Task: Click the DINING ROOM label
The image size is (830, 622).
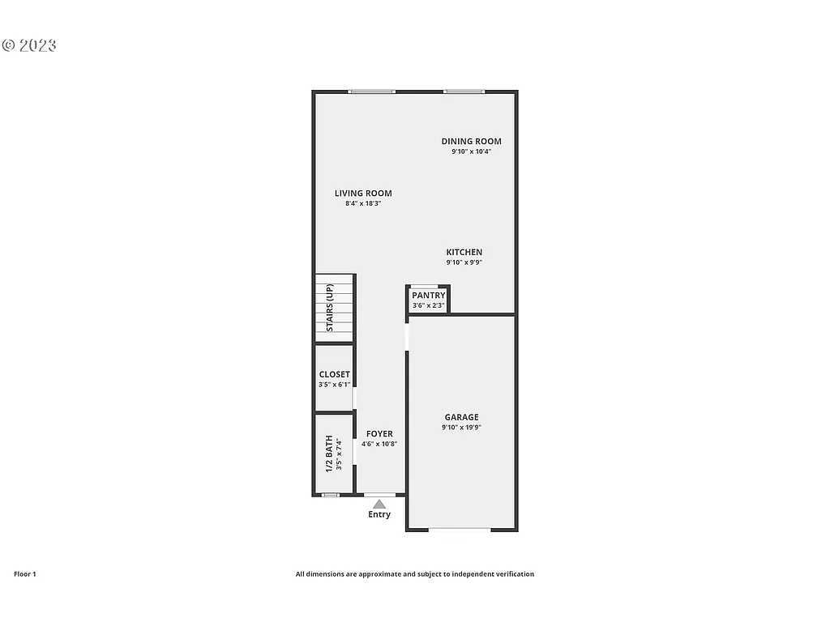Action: coord(471,142)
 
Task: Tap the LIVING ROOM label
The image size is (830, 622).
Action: coord(363,194)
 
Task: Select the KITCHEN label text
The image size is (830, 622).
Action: coord(464,253)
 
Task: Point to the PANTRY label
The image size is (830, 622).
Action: coord(428,296)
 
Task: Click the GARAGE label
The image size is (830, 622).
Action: coord(461,418)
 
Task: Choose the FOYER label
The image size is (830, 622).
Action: coord(379,434)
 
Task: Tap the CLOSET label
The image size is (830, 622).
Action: coord(335,375)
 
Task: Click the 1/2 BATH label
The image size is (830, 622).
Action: coord(329,455)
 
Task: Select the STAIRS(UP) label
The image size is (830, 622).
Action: coord(330,308)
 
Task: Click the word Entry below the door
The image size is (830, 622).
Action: coord(379,514)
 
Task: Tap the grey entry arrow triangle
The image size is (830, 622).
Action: coord(379,504)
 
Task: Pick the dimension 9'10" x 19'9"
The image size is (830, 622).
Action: coord(461,428)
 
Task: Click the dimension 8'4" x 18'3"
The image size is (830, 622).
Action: coord(363,203)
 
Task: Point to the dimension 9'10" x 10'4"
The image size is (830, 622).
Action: coord(471,151)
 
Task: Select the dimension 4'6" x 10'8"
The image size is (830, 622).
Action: coord(379,444)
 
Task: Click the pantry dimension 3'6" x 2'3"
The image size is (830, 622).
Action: coord(428,305)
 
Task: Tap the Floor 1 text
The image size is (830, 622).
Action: coord(25,574)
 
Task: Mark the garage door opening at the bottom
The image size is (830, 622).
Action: coord(460,530)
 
